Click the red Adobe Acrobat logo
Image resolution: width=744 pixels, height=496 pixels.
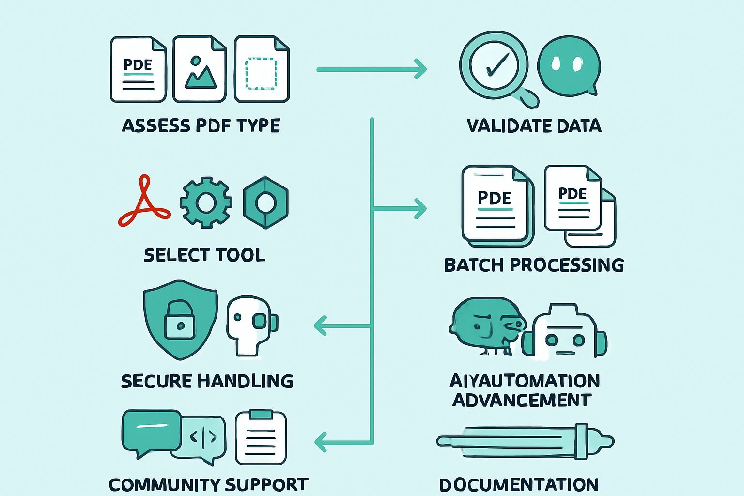[x=144, y=203]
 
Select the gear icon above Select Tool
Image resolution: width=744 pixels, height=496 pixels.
[x=205, y=202]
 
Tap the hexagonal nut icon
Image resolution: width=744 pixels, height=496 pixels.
[x=265, y=202]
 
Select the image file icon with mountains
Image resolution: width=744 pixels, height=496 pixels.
[x=200, y=69]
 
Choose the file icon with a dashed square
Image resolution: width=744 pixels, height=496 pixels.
[x=262, y=69]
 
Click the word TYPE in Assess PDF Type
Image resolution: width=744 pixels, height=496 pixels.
[x=258, y=125]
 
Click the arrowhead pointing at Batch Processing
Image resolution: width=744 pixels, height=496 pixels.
[x=419, y=209]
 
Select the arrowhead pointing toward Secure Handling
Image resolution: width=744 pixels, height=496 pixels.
[x=321, y=325]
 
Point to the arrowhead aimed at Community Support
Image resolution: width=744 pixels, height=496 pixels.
[x=321, y=441]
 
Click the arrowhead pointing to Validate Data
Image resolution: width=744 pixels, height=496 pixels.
[x=420, y=69]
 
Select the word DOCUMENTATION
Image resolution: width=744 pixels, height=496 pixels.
[x=519, y=484]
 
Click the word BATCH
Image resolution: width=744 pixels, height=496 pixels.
[x=474, y=265]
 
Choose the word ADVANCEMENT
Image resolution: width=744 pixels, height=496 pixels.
[x=522, y=400]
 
